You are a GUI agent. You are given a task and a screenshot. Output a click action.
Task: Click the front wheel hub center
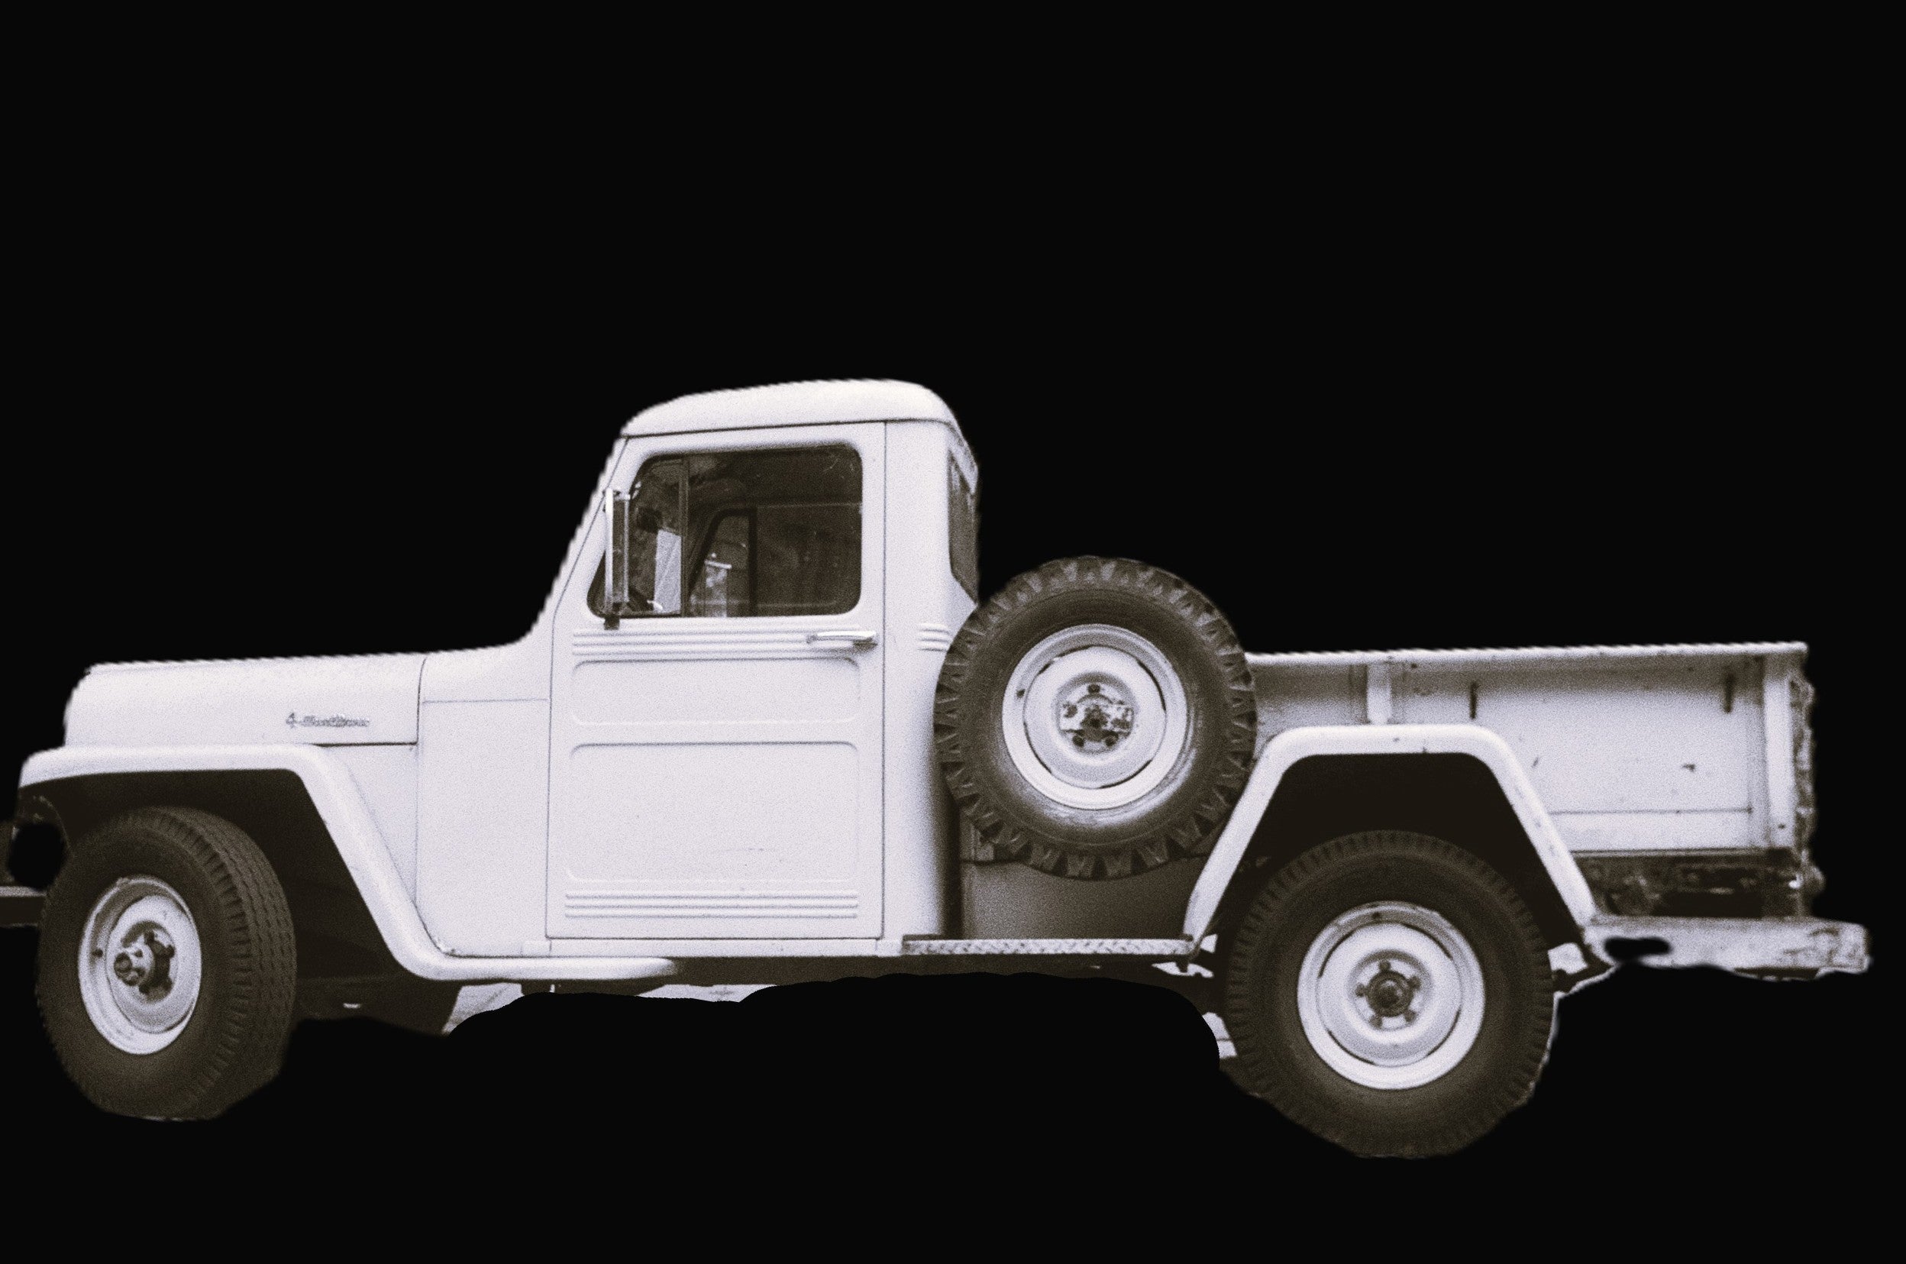(130, 962)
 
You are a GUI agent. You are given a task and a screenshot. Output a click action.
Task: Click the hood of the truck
(242, 693)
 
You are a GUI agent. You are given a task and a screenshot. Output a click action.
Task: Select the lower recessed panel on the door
(713, 814)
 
